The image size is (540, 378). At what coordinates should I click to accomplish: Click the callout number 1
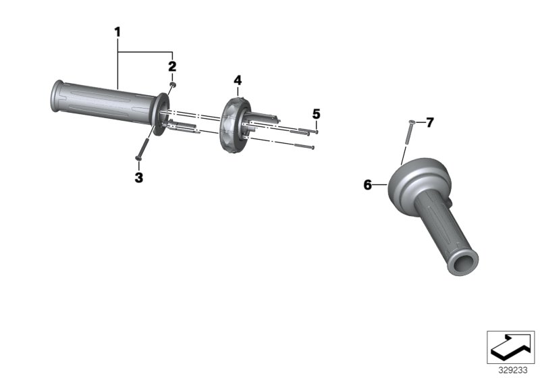coord(117,31)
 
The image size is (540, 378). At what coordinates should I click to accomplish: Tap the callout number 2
coord(172,66)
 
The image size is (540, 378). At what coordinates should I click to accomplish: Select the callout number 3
coord(138,178)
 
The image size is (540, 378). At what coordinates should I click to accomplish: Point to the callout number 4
coord(238,80)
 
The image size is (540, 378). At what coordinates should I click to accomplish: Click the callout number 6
coord(368,184)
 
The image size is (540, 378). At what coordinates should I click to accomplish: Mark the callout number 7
coord(429,122)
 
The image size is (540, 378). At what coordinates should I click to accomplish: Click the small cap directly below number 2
coord(173,85)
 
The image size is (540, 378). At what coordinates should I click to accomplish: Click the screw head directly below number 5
coord(316,132)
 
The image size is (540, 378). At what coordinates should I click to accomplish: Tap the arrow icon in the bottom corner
coord(510,347)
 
